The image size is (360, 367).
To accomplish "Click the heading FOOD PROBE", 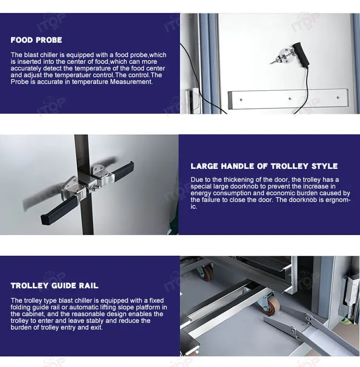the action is click(36, 40).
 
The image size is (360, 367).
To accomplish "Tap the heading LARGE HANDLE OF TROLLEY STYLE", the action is click(264, 166).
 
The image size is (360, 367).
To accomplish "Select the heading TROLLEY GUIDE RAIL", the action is click(54, 285).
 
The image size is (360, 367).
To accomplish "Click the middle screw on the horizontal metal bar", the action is click(290, 99).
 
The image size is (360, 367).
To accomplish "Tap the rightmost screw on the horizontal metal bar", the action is click(338, 97).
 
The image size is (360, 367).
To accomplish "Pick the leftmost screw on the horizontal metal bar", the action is click(241, 100).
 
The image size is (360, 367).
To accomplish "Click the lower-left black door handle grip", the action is click(59, 211).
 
